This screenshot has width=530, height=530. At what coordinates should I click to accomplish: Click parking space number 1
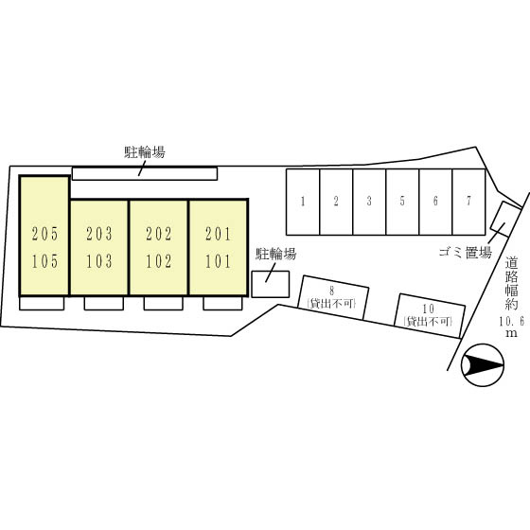pyautogui.click(x=303, y=202)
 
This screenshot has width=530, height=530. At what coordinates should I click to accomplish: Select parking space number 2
pyautogui.click(x=336, y=202)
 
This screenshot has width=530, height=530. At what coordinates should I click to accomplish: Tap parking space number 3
pyautogui.click(x=369, y=202)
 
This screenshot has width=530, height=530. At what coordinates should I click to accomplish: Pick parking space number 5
pyautogui.click(x=402, y=202)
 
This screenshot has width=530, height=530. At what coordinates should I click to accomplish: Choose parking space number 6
pyautogui.click(x=435, y=202)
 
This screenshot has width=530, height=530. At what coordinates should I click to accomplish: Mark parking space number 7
pyautogui.click(x=468, y=202)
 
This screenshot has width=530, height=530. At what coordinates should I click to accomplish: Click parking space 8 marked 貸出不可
pyautogui.click(x=333, y=297)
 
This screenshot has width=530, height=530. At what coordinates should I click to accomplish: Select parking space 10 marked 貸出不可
pyautogui.click(x=430, y=316)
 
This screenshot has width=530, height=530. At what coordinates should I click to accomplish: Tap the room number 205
pyautogui.click(x=44, y=234)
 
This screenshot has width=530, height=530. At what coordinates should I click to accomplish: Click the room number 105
pyautogui.click(x=44, y=261)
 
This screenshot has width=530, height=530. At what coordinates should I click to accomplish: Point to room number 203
pyautogui.click(x=99, y=234)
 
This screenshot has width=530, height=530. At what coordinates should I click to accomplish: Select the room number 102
pyautogui.click(x=159, y=261)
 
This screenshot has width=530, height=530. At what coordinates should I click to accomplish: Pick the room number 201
pyautogui.click(x=219, y=234)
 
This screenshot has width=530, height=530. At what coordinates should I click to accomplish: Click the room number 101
pyautogui.click(x=219, y=261)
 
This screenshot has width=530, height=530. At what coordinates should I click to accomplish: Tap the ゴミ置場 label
pyautogui.click(x=465, y=252)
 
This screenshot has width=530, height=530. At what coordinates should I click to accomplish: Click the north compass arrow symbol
pyautogui.click(x=483, y=365)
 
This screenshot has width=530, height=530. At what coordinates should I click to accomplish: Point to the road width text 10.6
pyautogui.click(x=511, y=321)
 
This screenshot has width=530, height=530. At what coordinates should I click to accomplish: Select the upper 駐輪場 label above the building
pyautogui.click(x=145, y=152)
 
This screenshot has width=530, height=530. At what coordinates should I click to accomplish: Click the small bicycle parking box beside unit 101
pyautogui.click(x=271, y=284)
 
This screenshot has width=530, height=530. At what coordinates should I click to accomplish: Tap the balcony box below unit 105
pyautogui.click(x=42, y=303)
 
